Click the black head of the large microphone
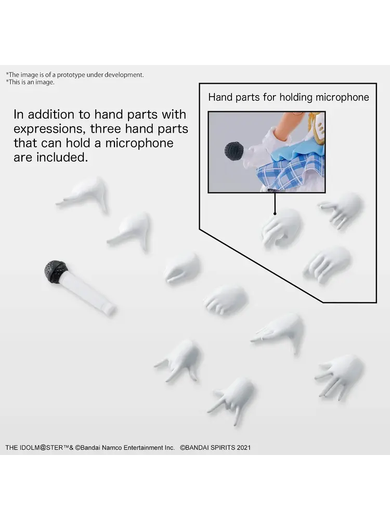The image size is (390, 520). [55, 271]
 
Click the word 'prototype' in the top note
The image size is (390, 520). [71, 75]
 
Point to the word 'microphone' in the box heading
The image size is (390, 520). [342, 97]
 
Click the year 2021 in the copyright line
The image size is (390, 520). [243, 448]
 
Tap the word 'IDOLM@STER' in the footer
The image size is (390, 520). [41, 448]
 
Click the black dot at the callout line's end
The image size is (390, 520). [275, 214]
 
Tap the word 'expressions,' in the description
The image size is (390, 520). [50, 129]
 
